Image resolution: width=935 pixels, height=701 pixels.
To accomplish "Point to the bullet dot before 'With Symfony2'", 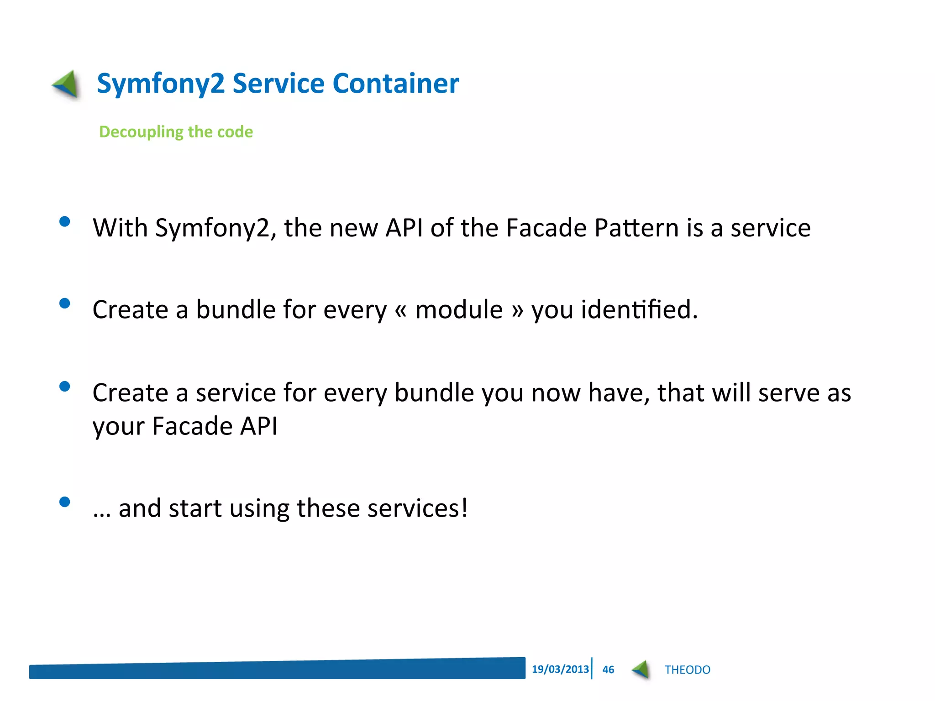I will (x=65, y=222).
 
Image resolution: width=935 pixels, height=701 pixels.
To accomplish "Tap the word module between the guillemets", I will (x=459, y=309).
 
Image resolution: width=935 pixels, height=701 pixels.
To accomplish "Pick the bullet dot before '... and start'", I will (x=65, y=502).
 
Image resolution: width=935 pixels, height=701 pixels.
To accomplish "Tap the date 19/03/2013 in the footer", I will (x=560, y=669).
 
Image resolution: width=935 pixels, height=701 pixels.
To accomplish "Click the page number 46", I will (x=608, y=670).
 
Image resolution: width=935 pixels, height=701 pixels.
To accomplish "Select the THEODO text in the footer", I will (x=687, y=670).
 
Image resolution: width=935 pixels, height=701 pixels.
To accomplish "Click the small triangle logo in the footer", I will (x=641, y=670).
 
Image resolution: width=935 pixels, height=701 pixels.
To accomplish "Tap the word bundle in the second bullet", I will (x=235, y=309).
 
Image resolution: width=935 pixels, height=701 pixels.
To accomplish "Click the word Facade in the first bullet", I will (x=546, y=228).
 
